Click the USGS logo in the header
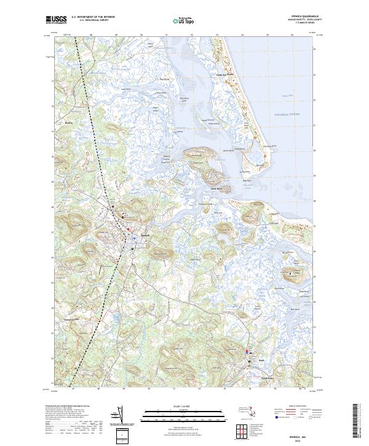(x=57, y=20)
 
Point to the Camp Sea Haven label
(x=228, y=76)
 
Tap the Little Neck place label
(x=216, y=188)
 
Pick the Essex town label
(x=261, y=360)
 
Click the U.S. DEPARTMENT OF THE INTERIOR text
(x=93, y=17)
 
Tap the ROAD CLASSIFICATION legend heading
(x=297, y=407)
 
